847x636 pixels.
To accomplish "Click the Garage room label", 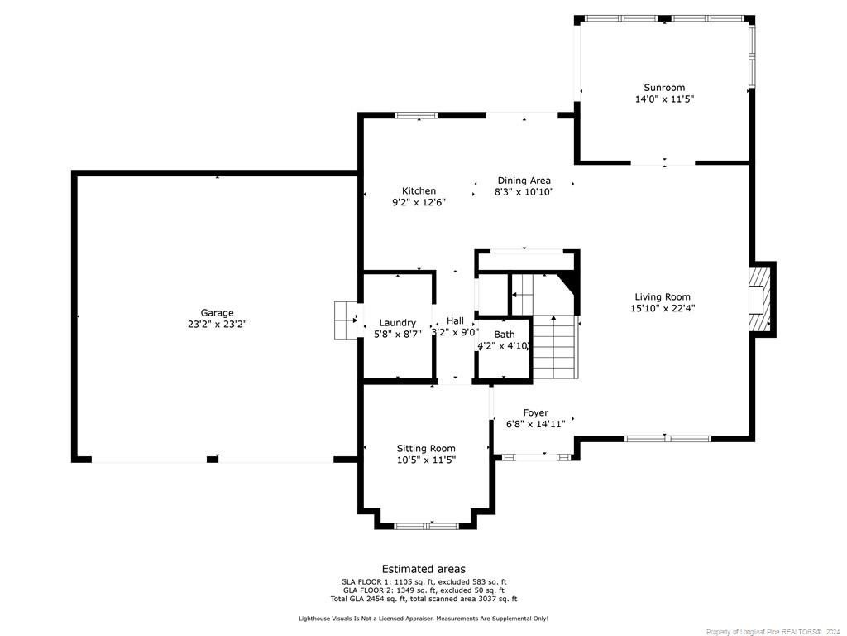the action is [218, 312].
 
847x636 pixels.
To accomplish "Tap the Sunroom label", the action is [664, 88].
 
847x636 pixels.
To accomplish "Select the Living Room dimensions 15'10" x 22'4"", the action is [663, 308].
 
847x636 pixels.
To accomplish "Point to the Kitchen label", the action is [419, 191].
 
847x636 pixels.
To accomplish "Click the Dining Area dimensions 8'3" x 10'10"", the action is [524, 192].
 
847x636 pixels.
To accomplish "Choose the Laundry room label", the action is [398, 323].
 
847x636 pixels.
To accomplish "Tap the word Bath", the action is [504, 335].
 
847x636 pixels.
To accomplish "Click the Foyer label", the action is [535, 412].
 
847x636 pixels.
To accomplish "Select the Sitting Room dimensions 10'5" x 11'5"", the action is [426, 460].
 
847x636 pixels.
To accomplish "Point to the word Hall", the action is [455, 320].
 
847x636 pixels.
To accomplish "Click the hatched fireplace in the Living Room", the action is [760, 299].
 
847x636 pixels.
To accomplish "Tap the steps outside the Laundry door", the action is [346, 320].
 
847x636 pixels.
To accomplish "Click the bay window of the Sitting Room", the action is [426, 526].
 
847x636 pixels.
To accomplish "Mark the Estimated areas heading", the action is [423, 569].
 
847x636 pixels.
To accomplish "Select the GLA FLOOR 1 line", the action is [423, 582].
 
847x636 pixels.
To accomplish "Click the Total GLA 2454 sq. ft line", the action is [423, 600].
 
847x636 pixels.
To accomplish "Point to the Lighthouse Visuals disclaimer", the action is [423, 618].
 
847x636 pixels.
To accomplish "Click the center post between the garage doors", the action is [213, 460].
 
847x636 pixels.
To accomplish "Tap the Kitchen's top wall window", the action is [416, 115].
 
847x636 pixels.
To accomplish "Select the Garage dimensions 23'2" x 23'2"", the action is [218, 325].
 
